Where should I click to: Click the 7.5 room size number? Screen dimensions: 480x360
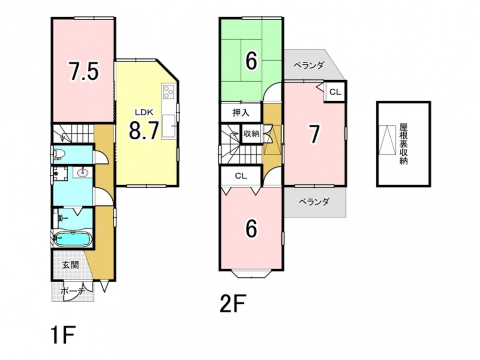point(84,71)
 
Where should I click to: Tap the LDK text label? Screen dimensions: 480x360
point(144,112)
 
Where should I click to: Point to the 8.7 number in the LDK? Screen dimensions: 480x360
point(144,130)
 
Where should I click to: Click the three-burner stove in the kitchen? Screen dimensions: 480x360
point(168,92)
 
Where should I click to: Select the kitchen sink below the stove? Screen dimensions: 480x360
point(168,126)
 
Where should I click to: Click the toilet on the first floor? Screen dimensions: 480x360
point(58,154)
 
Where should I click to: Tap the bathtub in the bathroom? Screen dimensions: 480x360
point(72,239)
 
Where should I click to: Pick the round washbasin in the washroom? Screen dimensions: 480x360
point(83,172)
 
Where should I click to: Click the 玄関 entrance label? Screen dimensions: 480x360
point(71,265)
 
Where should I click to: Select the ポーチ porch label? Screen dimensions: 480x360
point(72,291)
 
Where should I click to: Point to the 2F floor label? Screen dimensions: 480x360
point(232,304)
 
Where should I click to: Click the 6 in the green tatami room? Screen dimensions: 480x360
point(252,61)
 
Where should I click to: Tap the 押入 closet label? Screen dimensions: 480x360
point(241,112)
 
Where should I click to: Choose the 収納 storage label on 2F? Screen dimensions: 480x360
point(252,133)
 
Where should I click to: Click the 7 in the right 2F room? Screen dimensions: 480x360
point(314,134)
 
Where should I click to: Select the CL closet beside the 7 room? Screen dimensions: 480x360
point(335,92)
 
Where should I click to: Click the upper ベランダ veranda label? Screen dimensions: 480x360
point(309,65)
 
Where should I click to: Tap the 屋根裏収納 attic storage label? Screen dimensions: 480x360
point(404,144)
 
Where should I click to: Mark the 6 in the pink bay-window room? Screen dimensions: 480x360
point(252,228)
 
